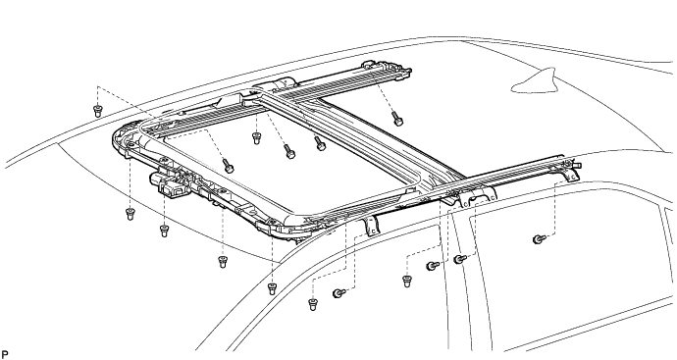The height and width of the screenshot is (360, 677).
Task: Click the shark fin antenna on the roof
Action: (537, 82)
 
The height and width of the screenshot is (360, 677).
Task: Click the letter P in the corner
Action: (5, 354)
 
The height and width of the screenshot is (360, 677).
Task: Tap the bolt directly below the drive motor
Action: (164, 231)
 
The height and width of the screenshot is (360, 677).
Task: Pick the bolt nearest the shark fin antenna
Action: (396, 119)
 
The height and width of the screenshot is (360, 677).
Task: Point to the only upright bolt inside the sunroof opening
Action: (256, 138)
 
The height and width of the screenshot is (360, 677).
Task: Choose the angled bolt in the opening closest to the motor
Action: (228, 166)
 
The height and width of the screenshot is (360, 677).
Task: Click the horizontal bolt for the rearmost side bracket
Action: (539, 238)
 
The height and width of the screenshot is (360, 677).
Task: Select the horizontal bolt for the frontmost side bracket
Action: (338, 293)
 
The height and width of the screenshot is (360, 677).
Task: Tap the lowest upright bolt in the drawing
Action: (313, 304)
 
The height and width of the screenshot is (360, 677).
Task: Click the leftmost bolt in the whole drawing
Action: (97, 111)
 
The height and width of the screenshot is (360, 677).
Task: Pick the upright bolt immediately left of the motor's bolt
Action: (130, 214)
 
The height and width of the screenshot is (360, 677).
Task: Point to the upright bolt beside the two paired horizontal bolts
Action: (406, 281)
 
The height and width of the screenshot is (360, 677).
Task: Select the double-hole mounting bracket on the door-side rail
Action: (475, 196)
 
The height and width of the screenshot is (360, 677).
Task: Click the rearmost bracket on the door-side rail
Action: (569, 173)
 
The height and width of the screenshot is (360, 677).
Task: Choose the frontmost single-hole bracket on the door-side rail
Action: (371, 226)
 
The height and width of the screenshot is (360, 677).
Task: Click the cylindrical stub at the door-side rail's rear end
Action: (578, 165)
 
